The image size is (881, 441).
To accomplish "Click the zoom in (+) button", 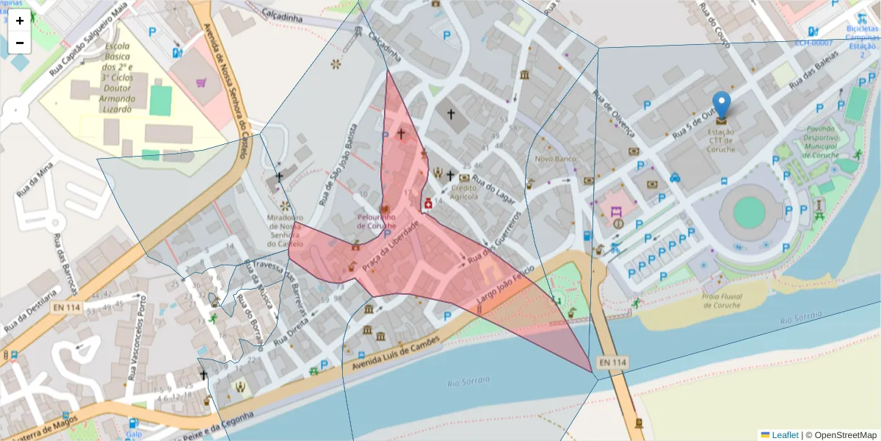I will [20, 21].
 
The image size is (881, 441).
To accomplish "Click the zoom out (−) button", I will [20, 43].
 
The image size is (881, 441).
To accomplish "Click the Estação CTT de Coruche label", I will [722, 140].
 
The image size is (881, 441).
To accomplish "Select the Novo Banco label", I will [554, 159].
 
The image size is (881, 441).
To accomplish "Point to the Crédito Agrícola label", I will [464, 192].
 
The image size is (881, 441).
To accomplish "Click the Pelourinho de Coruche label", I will [386, 221].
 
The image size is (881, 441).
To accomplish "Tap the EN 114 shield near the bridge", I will [612, 362].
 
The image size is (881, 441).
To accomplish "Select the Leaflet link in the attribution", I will [784, 435].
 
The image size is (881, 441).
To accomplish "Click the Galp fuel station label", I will [133, 434].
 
